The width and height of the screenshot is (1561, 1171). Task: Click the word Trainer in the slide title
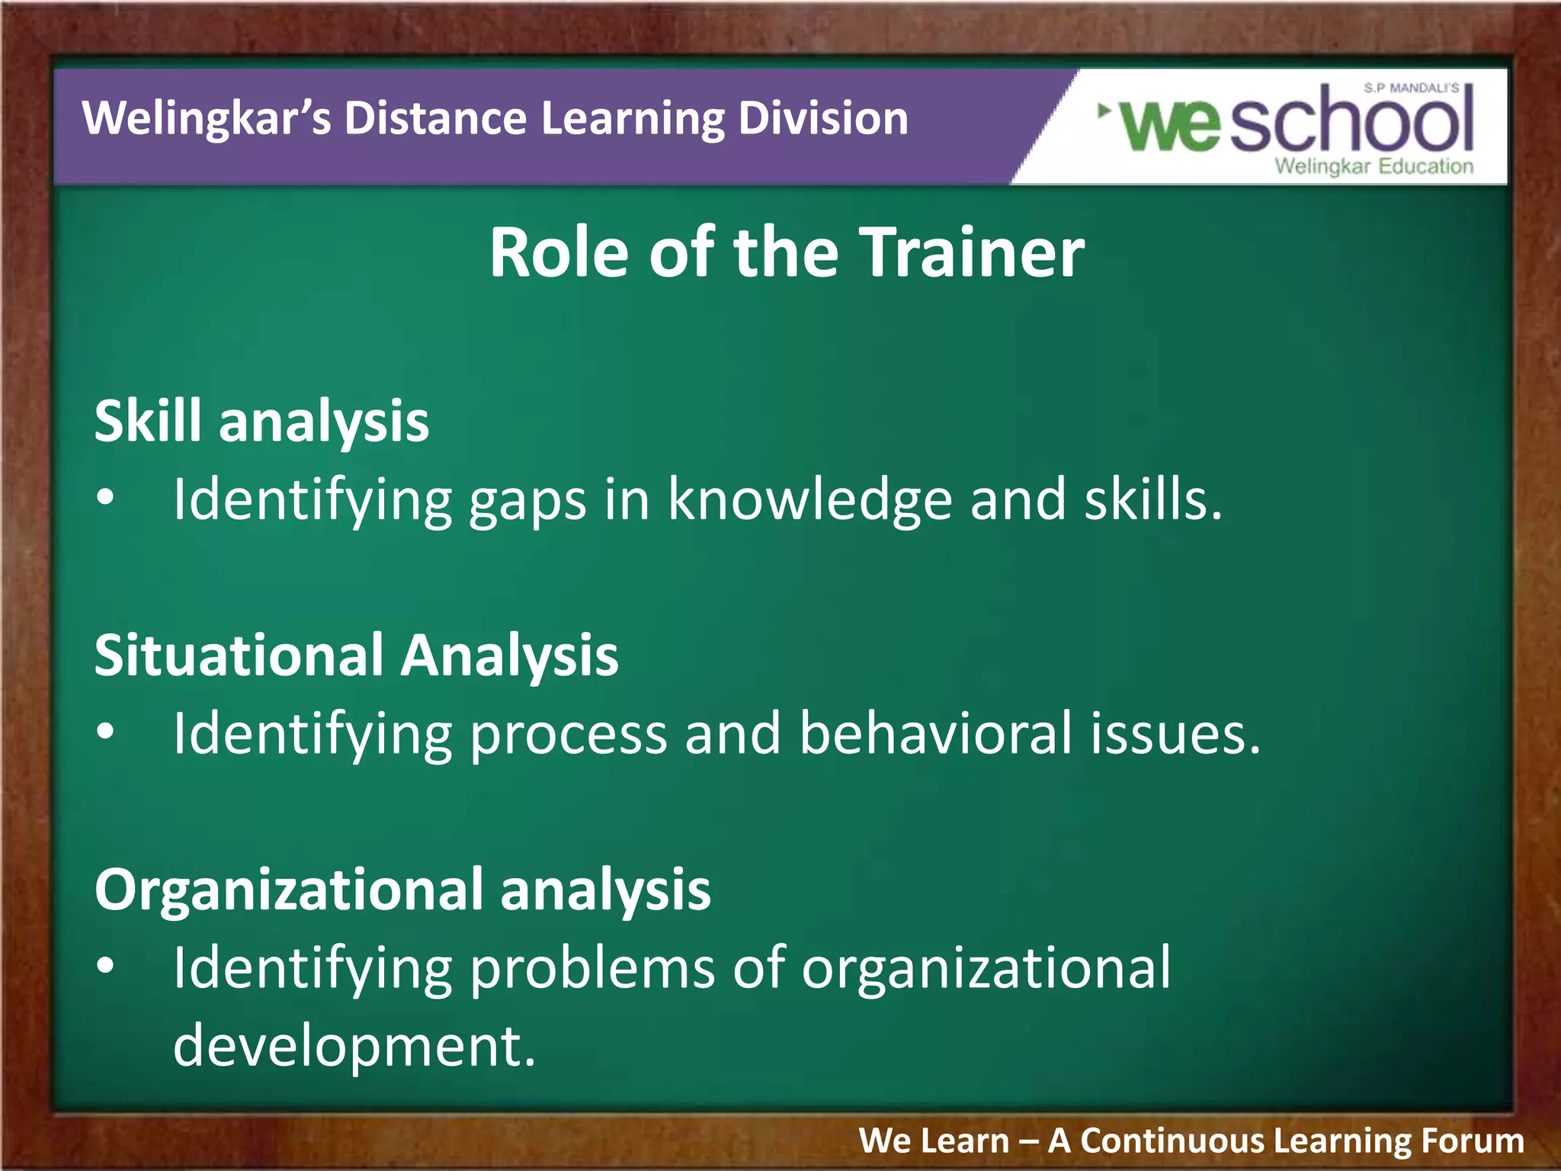coord(972,253)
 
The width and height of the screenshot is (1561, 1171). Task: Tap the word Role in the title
coord(559,253)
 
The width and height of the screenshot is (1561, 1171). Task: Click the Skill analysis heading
coord(261,422)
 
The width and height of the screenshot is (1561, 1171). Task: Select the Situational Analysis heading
coord(356,656)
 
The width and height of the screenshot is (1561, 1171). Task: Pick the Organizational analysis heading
coord(402,890)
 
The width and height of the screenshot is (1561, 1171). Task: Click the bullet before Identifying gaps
coord(106,499)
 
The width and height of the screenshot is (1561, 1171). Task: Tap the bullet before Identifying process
coord(106,733)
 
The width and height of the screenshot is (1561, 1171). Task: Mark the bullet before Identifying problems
coord(106,967)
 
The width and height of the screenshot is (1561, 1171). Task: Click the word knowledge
coord(809,500)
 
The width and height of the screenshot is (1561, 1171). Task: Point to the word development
coord(354,1047)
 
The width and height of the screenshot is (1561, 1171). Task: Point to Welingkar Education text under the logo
coord(1373,166)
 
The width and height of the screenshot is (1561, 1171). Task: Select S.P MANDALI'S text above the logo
coord(1411,88)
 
